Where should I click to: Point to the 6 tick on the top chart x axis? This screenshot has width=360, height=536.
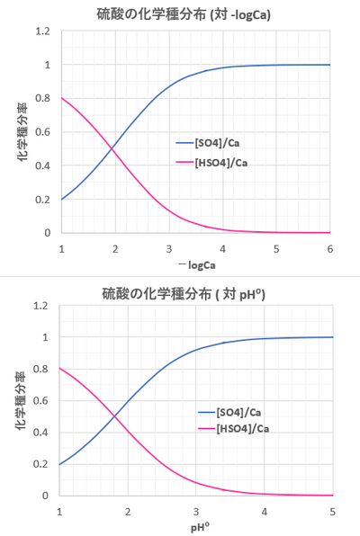(330, 246)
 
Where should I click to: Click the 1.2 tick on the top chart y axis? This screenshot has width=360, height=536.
(42, 31)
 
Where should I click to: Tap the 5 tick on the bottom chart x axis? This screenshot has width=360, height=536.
(333, 511)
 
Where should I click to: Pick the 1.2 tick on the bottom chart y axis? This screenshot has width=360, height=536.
(42, 306)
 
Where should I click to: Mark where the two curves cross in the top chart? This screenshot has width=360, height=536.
(112, 149)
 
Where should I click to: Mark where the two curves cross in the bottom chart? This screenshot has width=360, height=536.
(114, 416)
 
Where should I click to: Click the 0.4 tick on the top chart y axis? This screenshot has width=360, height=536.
(42, 165)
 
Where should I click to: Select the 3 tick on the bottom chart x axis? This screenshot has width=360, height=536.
(196, 511)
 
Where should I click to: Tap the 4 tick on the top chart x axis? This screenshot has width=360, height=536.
(222, 246)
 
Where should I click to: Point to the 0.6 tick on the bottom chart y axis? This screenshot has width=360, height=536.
(42, 401)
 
